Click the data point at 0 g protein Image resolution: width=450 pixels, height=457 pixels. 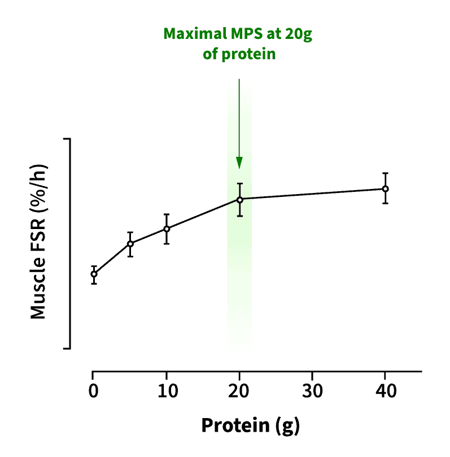93,274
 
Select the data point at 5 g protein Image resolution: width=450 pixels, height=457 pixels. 130,244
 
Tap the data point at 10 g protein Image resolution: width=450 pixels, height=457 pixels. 167,228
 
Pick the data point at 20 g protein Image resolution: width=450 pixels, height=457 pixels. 239,199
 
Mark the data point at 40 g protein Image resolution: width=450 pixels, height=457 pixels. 385,188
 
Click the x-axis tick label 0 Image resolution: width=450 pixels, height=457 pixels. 93,390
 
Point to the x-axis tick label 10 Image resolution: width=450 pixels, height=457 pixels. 167,390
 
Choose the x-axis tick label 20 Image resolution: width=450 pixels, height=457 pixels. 239,390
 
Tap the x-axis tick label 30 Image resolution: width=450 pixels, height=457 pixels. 312,390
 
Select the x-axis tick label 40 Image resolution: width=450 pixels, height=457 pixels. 385,390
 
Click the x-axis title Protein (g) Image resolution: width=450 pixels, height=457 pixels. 250,425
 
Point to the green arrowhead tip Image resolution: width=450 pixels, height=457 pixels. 239,168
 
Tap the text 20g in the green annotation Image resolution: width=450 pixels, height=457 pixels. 299,34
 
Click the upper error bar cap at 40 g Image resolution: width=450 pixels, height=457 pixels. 385,173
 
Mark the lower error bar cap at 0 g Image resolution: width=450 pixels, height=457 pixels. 93,284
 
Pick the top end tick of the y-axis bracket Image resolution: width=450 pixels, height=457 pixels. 67,138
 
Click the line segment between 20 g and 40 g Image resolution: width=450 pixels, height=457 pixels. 312,194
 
